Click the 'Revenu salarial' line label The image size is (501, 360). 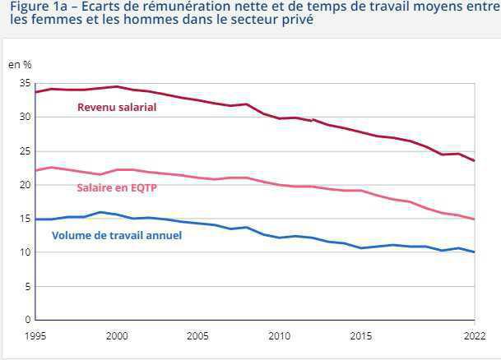[x=117, y=107]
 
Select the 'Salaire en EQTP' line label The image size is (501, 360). [x=116, y=188]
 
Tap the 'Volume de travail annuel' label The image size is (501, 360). [x=117, y=236]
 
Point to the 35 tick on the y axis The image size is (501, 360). [x=25, y=84]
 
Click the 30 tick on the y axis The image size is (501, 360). [x=25, y=118]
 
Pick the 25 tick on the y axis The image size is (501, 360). [x=25, y=151]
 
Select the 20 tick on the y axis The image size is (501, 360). [x=25, y=185]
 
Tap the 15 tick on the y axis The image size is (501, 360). [x=25, y=219]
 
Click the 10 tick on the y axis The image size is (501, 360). [x=25, y=252]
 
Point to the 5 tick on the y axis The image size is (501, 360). [x=27, y=286]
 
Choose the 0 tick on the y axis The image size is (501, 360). [x=27, y=320]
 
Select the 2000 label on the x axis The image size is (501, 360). [x=118, y=336]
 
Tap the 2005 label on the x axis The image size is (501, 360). [x=197, y=336]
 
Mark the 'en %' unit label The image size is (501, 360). [x=20, y=64]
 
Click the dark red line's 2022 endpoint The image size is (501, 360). [x=474, y=161]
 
